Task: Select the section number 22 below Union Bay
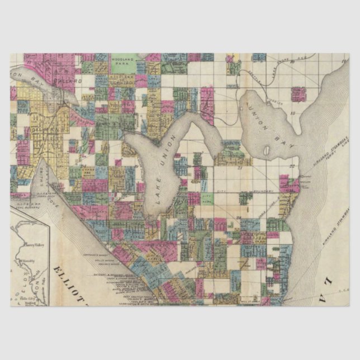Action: click(292, 166)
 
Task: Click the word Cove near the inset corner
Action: click(56, 196)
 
